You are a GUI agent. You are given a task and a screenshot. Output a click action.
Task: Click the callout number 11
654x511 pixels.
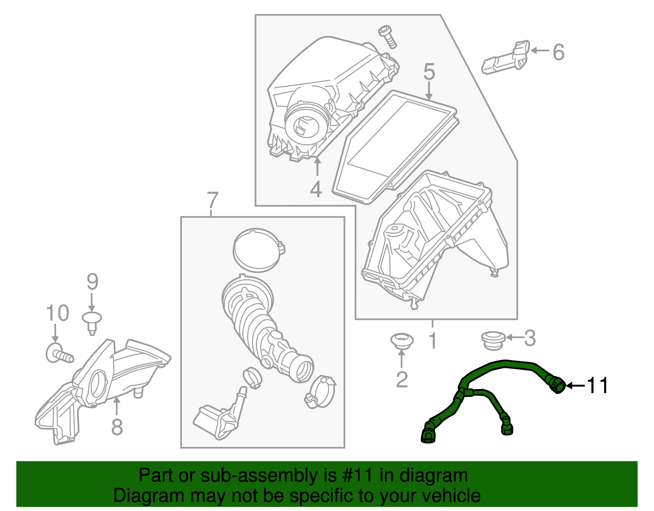pos(598,385)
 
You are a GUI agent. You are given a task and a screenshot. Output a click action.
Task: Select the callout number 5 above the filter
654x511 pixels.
pos(429,72)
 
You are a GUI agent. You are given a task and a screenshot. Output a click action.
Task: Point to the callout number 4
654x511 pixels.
pos(316,189)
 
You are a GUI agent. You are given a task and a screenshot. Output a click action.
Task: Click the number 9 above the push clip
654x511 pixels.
pos(92,282)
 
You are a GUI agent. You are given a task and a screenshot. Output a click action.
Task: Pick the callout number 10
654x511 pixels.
pos(57,313)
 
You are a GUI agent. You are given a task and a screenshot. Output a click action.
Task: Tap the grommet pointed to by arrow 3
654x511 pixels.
pos(492,340)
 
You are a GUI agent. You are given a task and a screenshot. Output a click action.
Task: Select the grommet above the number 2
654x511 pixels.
pos(402,341)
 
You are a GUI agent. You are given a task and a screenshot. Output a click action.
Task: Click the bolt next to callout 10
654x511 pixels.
pos(59,353)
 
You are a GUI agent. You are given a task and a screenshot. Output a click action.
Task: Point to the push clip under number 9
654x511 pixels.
pos(92,322)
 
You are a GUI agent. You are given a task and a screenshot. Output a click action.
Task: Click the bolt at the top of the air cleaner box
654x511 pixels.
pos(388,36)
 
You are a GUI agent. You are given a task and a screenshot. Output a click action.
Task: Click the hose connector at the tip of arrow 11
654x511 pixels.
pos(557,385)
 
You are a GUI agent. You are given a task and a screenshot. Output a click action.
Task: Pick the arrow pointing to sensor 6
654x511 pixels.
pos(540,51)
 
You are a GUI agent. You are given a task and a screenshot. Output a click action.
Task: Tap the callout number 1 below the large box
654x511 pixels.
pos(432,341)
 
